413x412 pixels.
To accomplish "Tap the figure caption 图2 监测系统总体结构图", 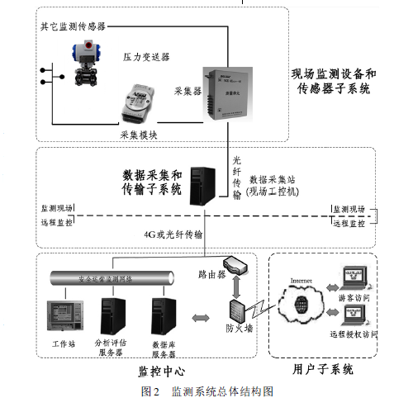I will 207,389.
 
